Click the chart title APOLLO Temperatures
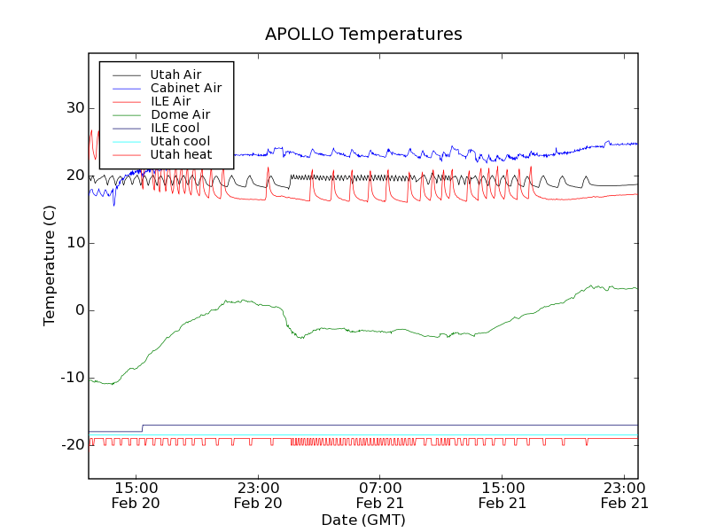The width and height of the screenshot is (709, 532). tap(363, 35)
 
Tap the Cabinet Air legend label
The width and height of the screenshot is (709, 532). tap(185, 88)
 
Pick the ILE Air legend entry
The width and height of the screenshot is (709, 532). tap(170, 101)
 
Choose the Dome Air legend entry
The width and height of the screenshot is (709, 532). tap(180, 114)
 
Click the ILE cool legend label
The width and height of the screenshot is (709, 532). tap(175, 128)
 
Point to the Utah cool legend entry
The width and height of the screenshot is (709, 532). tap(180, 141)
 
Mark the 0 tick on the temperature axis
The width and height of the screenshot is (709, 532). tap(78, 310)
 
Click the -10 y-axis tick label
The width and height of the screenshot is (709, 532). tap(70, 378)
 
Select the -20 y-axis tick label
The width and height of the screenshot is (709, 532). tap(70, 445)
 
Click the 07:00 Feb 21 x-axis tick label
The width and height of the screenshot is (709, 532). tap(381, 495)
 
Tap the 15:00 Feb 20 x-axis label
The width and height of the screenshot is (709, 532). tap(136, 495)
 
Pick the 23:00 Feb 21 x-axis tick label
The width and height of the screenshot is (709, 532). tap(626, 495)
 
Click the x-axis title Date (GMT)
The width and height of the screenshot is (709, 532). tap(363, 520)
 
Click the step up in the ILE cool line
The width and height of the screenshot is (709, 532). tap(143, 428)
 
